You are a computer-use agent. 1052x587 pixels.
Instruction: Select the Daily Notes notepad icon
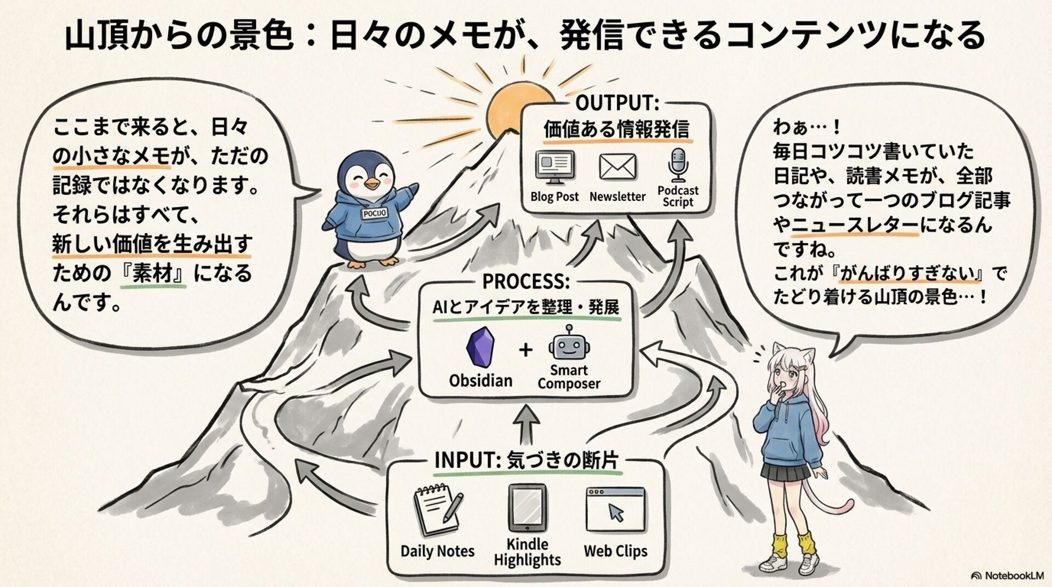point(437,510)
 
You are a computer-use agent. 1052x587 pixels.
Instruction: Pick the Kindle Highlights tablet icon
point(527,508)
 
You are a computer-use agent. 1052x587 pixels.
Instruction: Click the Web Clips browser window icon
point(615,510)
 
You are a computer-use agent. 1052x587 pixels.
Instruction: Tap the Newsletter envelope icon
point(618,167)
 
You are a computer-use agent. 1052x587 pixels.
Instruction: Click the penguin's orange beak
point(371,184)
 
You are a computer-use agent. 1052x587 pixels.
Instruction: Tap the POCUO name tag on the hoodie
point(375,213)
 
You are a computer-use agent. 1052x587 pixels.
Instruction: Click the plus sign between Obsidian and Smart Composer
point(525,349)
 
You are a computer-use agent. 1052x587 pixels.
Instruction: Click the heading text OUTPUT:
point(617,102)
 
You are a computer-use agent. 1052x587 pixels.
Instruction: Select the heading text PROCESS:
point(526,281)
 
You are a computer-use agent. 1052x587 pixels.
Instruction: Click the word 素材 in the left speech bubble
point(152,273)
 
